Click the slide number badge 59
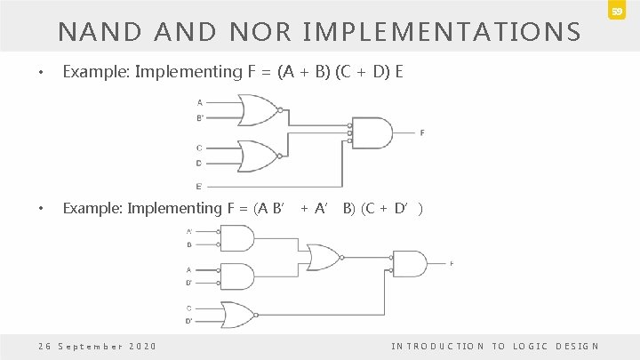pos(615,10)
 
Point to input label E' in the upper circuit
pos(199,186)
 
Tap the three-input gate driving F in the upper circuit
pos(372,132)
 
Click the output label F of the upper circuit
pos(421,132)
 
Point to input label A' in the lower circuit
pos(188,231)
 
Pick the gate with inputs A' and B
pos(236,238)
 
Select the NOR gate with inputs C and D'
pos(240,314)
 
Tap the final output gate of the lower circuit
pos(409,264)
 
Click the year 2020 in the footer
pos(143,345)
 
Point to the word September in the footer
pos(87,345)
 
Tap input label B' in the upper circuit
pos(199,116)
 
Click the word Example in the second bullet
pos(92,209)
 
